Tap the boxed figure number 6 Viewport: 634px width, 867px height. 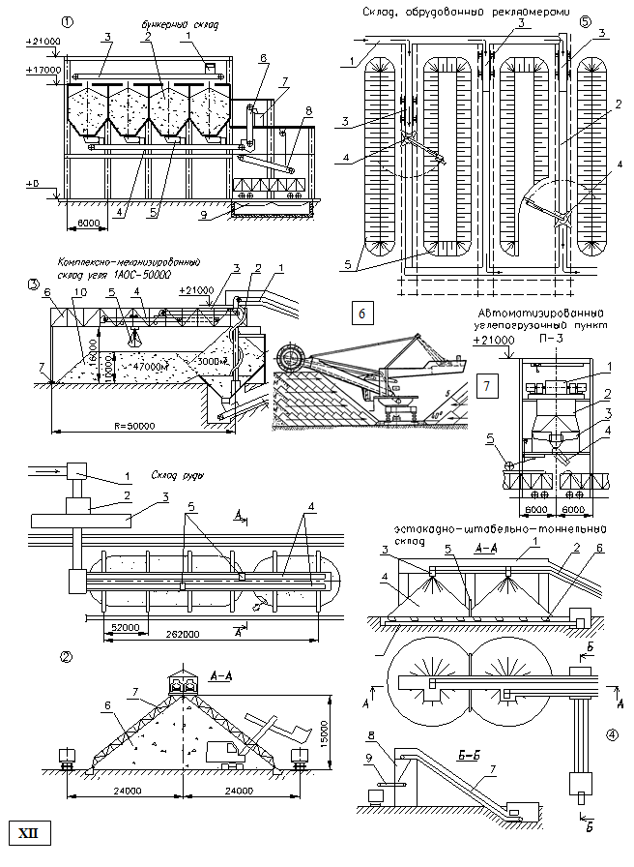tap(361, 314)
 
